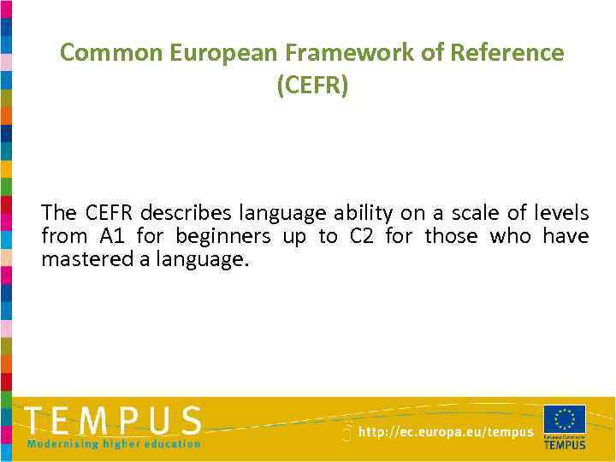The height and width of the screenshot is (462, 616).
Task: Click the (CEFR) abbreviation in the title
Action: [312, 86]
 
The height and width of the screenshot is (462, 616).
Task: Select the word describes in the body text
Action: [187, 211]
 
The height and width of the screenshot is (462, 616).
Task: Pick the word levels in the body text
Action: [560, 211]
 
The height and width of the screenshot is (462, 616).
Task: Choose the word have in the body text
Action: [566, 236]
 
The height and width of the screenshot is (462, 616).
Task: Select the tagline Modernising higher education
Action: [114, 444]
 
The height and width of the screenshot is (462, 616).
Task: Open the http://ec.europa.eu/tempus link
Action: [446, 433]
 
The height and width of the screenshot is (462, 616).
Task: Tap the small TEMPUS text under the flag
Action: [565, 444]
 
